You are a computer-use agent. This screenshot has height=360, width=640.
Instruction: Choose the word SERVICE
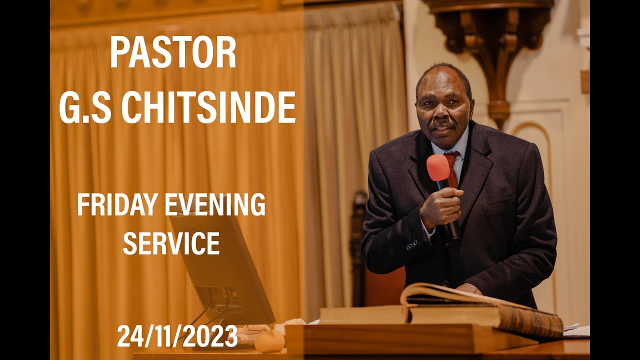coord(171,243)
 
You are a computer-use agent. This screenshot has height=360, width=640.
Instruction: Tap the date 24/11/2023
coord(177,336)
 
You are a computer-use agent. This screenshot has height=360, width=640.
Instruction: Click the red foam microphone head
coord(438,168)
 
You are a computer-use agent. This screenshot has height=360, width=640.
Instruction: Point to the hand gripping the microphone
coord(441,206)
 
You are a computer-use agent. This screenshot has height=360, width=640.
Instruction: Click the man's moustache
coord(441,124)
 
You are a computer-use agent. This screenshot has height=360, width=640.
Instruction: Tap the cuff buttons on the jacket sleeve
coord(411,244)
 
